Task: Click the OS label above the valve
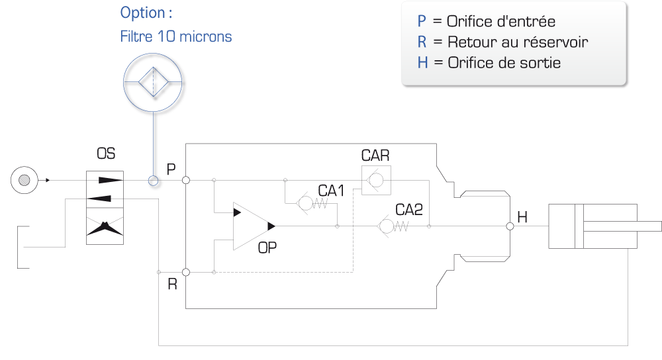106,154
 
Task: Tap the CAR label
375,156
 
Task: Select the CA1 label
331,191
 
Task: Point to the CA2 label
408,210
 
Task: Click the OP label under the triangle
267,247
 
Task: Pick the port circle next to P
186,180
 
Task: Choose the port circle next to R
186,272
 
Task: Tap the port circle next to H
510,226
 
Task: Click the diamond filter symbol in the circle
154,82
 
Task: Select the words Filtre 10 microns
176,36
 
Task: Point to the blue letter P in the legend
421,22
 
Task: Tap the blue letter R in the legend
422,42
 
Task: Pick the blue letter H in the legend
422,63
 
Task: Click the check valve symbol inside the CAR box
375,181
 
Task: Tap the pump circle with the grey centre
24,180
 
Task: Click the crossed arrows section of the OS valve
105,226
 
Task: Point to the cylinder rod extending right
622,226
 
